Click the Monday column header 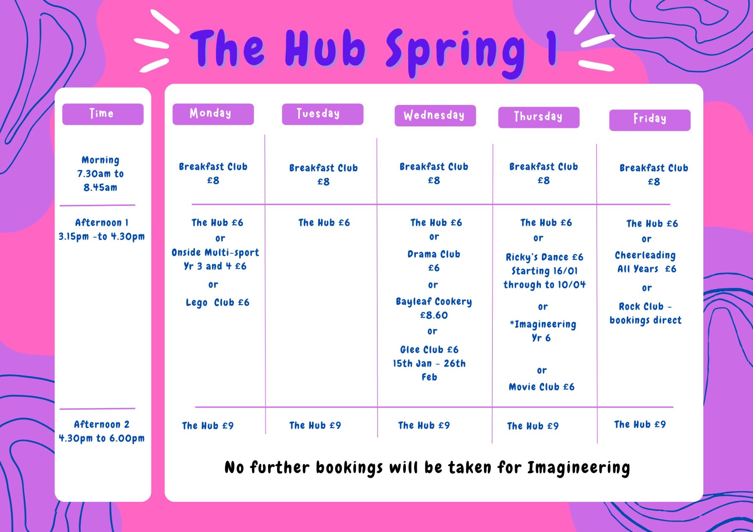pyautogui.click(x=213, y=114)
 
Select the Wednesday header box pyautogui.click(x=435, y=116)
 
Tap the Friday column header pyautogui.click(x=650, y=120)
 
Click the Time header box pyautogui.click(x=103, y=114)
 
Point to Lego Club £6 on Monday pyautogui.click(x=218, y=303)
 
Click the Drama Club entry pyautogui.click(x=434, y=254)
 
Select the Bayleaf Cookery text pyautogui.click(x=434, y=302)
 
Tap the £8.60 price pyautogui.click(x=434, y=315)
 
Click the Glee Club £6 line pyautogui.click(x=429, y=350)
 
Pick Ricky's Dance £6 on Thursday pyautogui.click(x=544, y=257)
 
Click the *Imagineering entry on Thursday pyautogui.click(x=543, y=324)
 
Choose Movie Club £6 pyautogui.click(x=541, y=387)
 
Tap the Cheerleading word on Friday pyautogui.click(x=645, y=255)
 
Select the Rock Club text pyautogui.click(x=641, y=307)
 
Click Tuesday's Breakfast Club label pyautogui.click(x=323, y=168)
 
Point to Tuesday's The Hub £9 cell pyautogui.click(x=315, y=426)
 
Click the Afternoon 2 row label pyautogui.click(x=102, y=424)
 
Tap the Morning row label pyautogui.click(x=101, y=160)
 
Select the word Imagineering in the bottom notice pyautogui.click(x=578, y=468)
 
